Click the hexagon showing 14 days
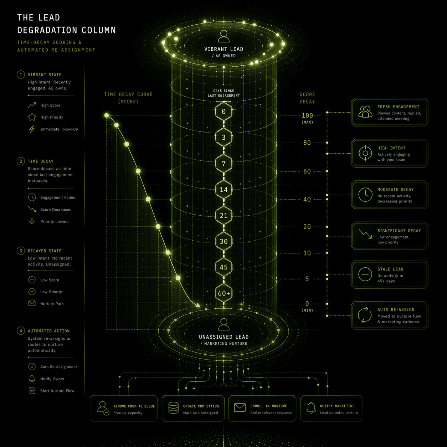click(x=223, y=190)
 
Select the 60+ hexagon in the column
click(x=223, y=293)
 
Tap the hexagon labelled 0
click(x=223, y=112)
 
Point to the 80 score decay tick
click(x=307, y=143)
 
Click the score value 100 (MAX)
click(x=307, y=116)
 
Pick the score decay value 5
click(x=307, y=279)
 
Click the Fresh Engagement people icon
click(x=365, y=112)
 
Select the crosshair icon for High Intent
click(x=365, y=153)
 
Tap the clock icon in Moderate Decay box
click(x=365, y=195)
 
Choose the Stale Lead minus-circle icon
click(x=365, y=274)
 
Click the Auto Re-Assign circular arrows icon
click(x=365, y=315)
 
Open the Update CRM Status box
click(x=193, y=409)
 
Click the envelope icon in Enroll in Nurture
click(x=240, y=407)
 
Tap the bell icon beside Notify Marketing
click(x=311, y=407)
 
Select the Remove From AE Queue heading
click(x=134, y=406)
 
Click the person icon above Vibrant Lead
click(x=223, y=36)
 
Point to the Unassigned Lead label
click(x=223, y=337)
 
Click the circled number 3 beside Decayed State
click(x=21, y=251)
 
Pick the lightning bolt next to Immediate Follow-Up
click(x=32, y=129)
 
